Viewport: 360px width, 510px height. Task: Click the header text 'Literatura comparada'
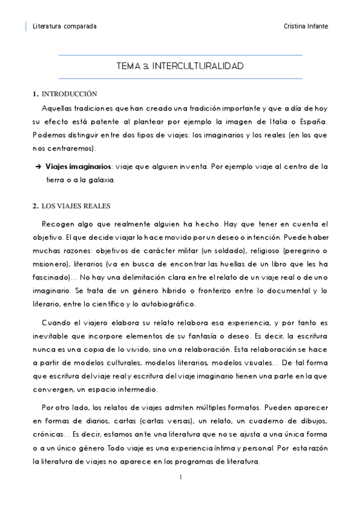click(65, 26)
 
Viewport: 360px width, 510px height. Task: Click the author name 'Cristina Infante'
click(305, 26)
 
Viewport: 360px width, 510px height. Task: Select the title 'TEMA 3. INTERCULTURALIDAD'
click(180, 66)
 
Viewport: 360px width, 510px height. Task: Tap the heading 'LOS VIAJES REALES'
click(75, 206)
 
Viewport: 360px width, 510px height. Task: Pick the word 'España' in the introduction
click(314, 122)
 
